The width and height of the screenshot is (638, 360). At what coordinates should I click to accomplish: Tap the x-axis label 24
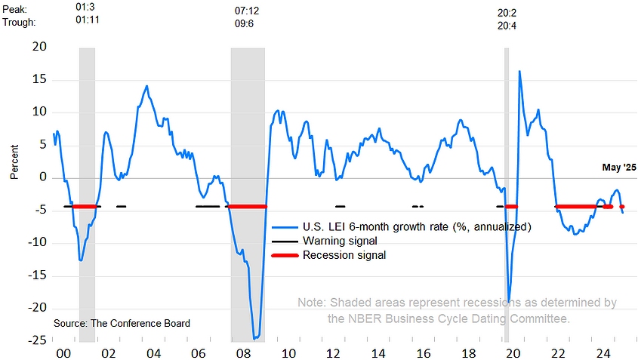(603, 352)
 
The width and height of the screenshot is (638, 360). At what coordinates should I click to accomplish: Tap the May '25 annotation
(618, 167)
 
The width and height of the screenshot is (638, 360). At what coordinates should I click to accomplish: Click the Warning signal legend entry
(340, 241)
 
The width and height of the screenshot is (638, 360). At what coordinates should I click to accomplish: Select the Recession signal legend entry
(344, 255)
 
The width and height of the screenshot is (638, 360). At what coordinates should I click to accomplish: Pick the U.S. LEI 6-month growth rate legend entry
(418, 226)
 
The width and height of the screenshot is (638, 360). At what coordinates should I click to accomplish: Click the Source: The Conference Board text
(122, 323)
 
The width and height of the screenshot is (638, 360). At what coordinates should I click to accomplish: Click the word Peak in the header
(17, 8)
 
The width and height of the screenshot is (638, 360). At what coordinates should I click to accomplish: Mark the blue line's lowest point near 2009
(255, 338)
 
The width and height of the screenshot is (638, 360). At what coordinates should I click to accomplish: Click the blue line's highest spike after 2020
(519, 72)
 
